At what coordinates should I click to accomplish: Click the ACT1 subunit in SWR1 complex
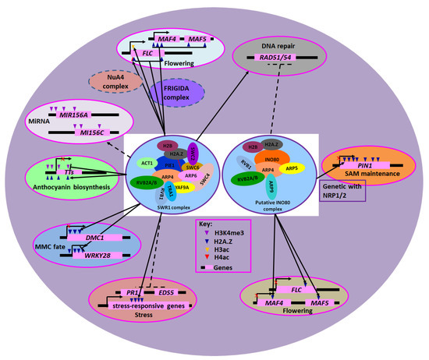pos(147,162)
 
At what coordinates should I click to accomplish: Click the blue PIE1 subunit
pos(169,166)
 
